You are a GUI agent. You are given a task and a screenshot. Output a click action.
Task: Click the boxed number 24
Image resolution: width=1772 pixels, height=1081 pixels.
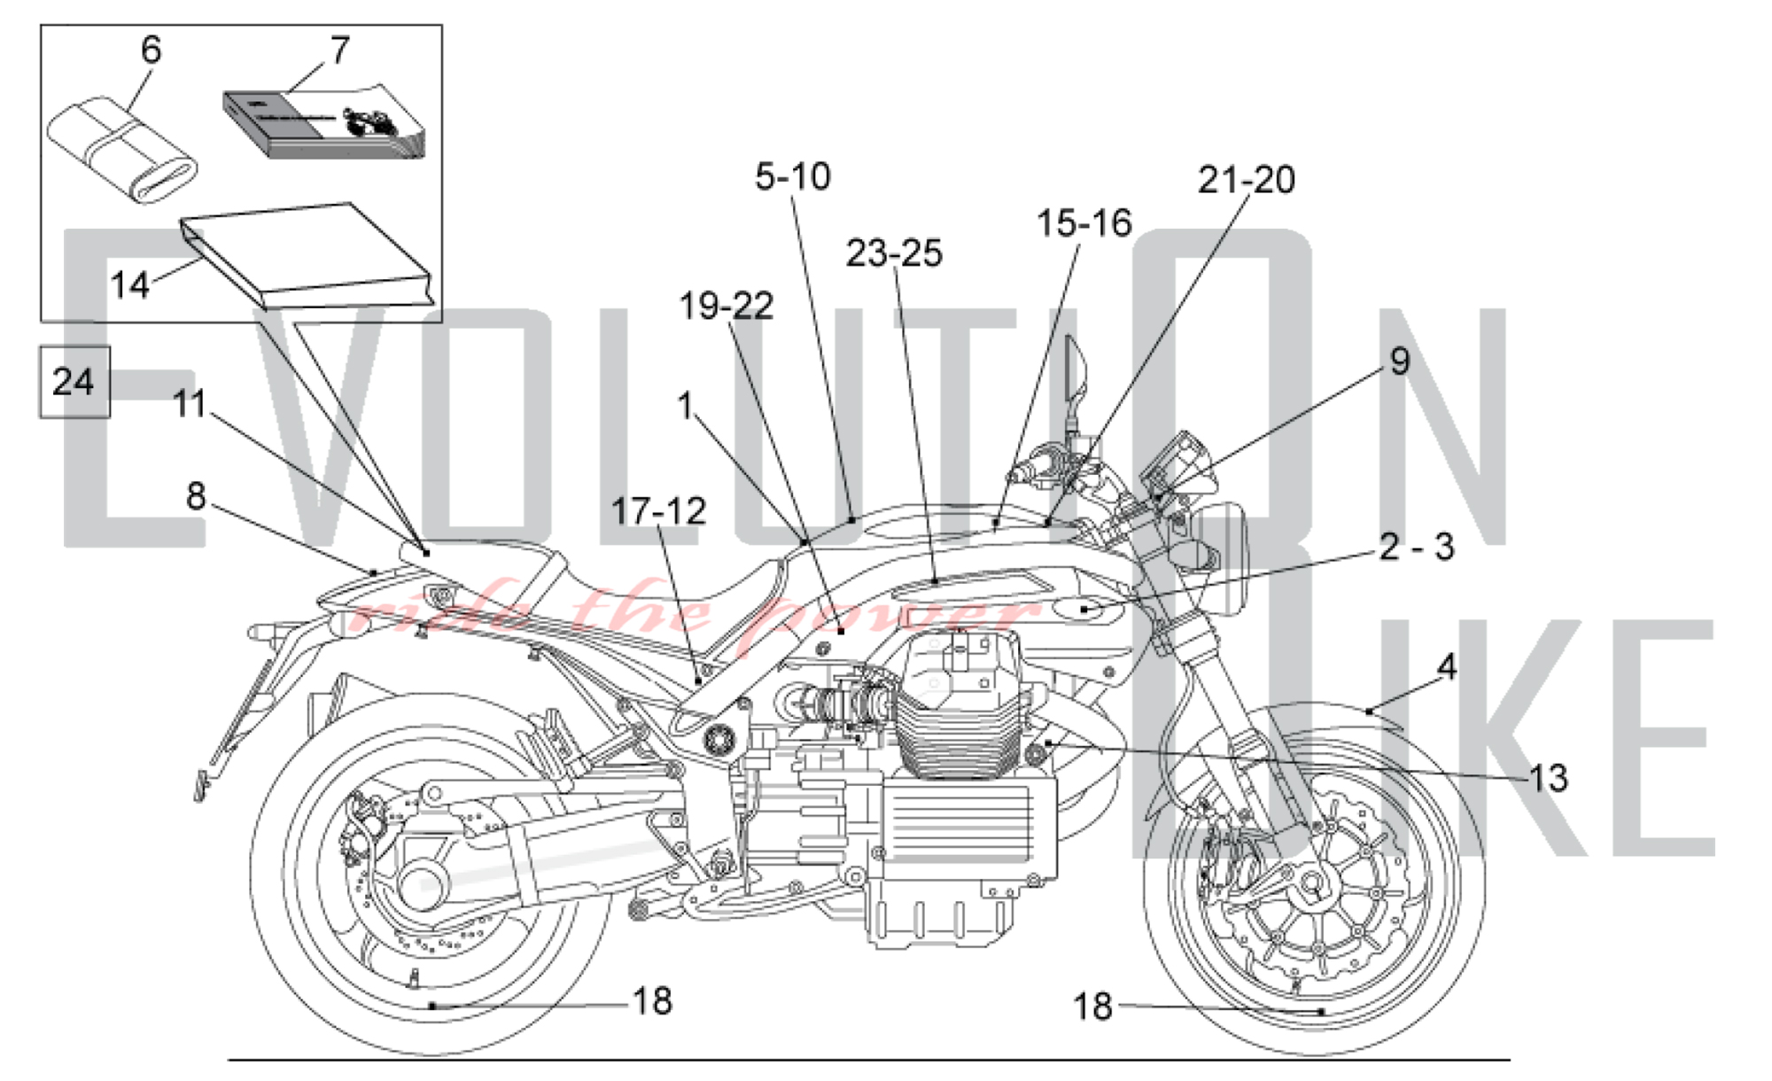pos(74,382)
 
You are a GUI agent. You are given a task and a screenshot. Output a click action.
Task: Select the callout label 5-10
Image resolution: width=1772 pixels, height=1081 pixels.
pos(793,176)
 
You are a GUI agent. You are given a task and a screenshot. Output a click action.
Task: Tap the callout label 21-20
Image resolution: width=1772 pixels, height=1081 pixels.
pos(1246,180)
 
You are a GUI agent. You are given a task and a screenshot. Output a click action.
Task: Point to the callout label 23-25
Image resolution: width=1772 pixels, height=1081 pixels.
pos(894,253)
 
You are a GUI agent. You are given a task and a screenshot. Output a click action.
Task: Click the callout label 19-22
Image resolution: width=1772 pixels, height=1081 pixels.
pos(727,306)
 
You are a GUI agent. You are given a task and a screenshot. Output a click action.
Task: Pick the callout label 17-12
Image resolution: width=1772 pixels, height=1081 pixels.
pos(658,511)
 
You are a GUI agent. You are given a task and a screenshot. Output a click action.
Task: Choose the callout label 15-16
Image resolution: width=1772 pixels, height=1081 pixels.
pos(1084,223)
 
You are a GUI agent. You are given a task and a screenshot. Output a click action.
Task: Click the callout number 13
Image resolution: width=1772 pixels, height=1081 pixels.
pos(1548,778)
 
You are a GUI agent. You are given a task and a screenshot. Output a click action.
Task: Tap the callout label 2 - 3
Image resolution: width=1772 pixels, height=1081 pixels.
pos(1417,547)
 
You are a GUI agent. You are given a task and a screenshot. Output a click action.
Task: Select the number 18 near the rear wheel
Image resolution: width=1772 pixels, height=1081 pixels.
pos(652,1001)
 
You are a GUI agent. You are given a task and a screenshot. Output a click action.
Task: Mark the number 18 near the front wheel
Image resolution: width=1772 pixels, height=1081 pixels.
pos(1092,1007)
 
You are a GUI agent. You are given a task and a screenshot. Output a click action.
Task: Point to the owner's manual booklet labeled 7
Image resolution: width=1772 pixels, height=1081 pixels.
pos(323,124)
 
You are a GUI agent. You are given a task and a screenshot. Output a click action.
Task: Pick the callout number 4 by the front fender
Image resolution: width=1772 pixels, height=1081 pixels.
pos(1446,666)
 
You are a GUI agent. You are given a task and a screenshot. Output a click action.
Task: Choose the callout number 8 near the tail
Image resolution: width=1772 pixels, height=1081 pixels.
pos(196,496)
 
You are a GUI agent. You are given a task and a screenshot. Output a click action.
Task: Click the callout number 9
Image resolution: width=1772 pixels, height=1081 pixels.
pos(1399,361)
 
